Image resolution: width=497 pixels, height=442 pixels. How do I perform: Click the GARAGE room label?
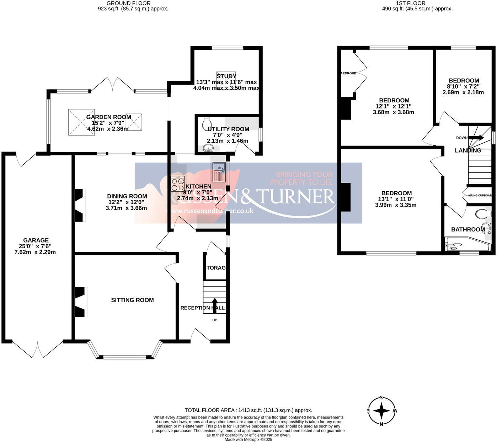click(x=36, y=240)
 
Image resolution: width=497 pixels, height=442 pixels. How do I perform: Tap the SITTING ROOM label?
click(x=132, y=300)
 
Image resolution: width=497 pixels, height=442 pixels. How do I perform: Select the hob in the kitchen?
click(x=178, y=184)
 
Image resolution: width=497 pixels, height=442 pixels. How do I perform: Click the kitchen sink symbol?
click(x=219, y=172)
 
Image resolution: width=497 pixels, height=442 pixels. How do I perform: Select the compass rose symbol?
click(x=382, y=411)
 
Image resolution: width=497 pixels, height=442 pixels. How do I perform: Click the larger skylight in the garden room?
click(x=81, y=122)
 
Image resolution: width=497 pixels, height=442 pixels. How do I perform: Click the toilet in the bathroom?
click(x=482, y=214)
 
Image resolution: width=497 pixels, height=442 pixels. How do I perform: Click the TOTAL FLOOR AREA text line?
click(x=248, y=410)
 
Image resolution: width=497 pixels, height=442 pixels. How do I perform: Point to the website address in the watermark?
click(x=213, y=211)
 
